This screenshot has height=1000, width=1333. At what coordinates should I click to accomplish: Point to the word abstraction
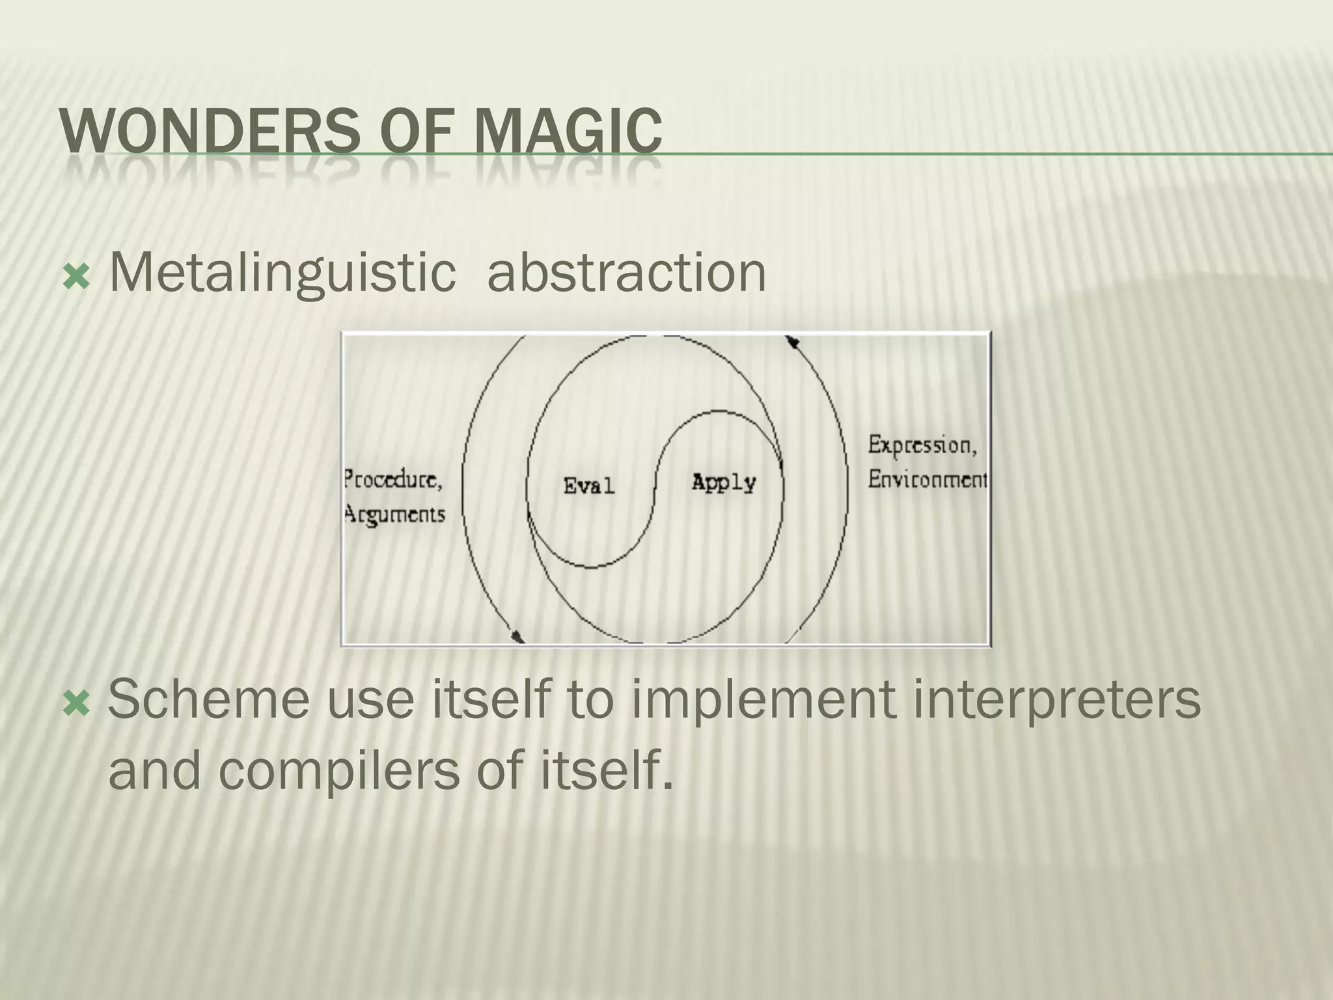(626, 272)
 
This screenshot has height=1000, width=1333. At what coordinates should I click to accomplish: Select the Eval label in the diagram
(588, 486)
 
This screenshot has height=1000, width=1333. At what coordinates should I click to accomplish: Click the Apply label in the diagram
(723, 482)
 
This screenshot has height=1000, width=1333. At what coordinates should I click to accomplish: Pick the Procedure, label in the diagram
(393, 480)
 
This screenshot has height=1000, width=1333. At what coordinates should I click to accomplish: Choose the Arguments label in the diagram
(394, 515)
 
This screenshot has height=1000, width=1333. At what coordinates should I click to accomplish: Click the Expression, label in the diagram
(922, 445)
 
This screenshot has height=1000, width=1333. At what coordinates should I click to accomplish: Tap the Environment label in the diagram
(928, 480)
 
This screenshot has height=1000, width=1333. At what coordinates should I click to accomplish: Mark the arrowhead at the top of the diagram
(792, 342)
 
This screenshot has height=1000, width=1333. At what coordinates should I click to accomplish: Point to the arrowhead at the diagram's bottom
(518, 635)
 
